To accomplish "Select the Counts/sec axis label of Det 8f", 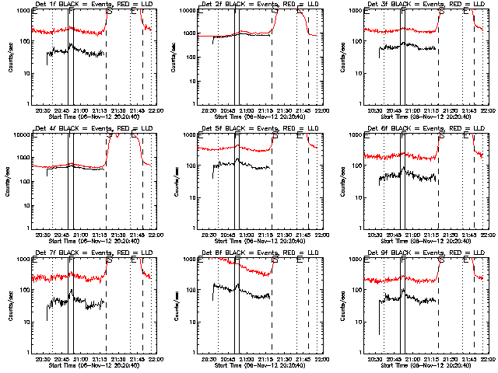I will pyautogui.click(x=176, y=306).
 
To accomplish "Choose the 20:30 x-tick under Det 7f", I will pyautogui.click(x=44, y=357).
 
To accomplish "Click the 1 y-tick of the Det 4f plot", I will pyautogui.click(x=28, y=228).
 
